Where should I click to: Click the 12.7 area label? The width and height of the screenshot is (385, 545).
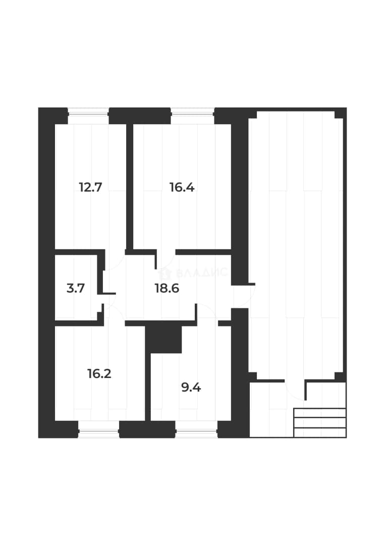(x=90, y=187)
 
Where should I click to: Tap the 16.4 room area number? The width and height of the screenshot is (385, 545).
(x=182, y=187)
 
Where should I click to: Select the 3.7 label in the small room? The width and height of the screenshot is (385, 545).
(x=76, y=288)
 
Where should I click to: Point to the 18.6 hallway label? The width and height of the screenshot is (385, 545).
(x=167, y=288)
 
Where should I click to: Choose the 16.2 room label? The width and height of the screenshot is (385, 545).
(x=99, y=373)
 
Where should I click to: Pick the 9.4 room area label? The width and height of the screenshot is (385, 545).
(x=191, y=387)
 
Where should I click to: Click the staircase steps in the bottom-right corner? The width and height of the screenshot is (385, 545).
(x=320, y=422)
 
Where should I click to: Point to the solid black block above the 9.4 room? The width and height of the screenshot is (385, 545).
(x=164, y=339)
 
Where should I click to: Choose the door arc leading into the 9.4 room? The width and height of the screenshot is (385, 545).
(x=208, y=311)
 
